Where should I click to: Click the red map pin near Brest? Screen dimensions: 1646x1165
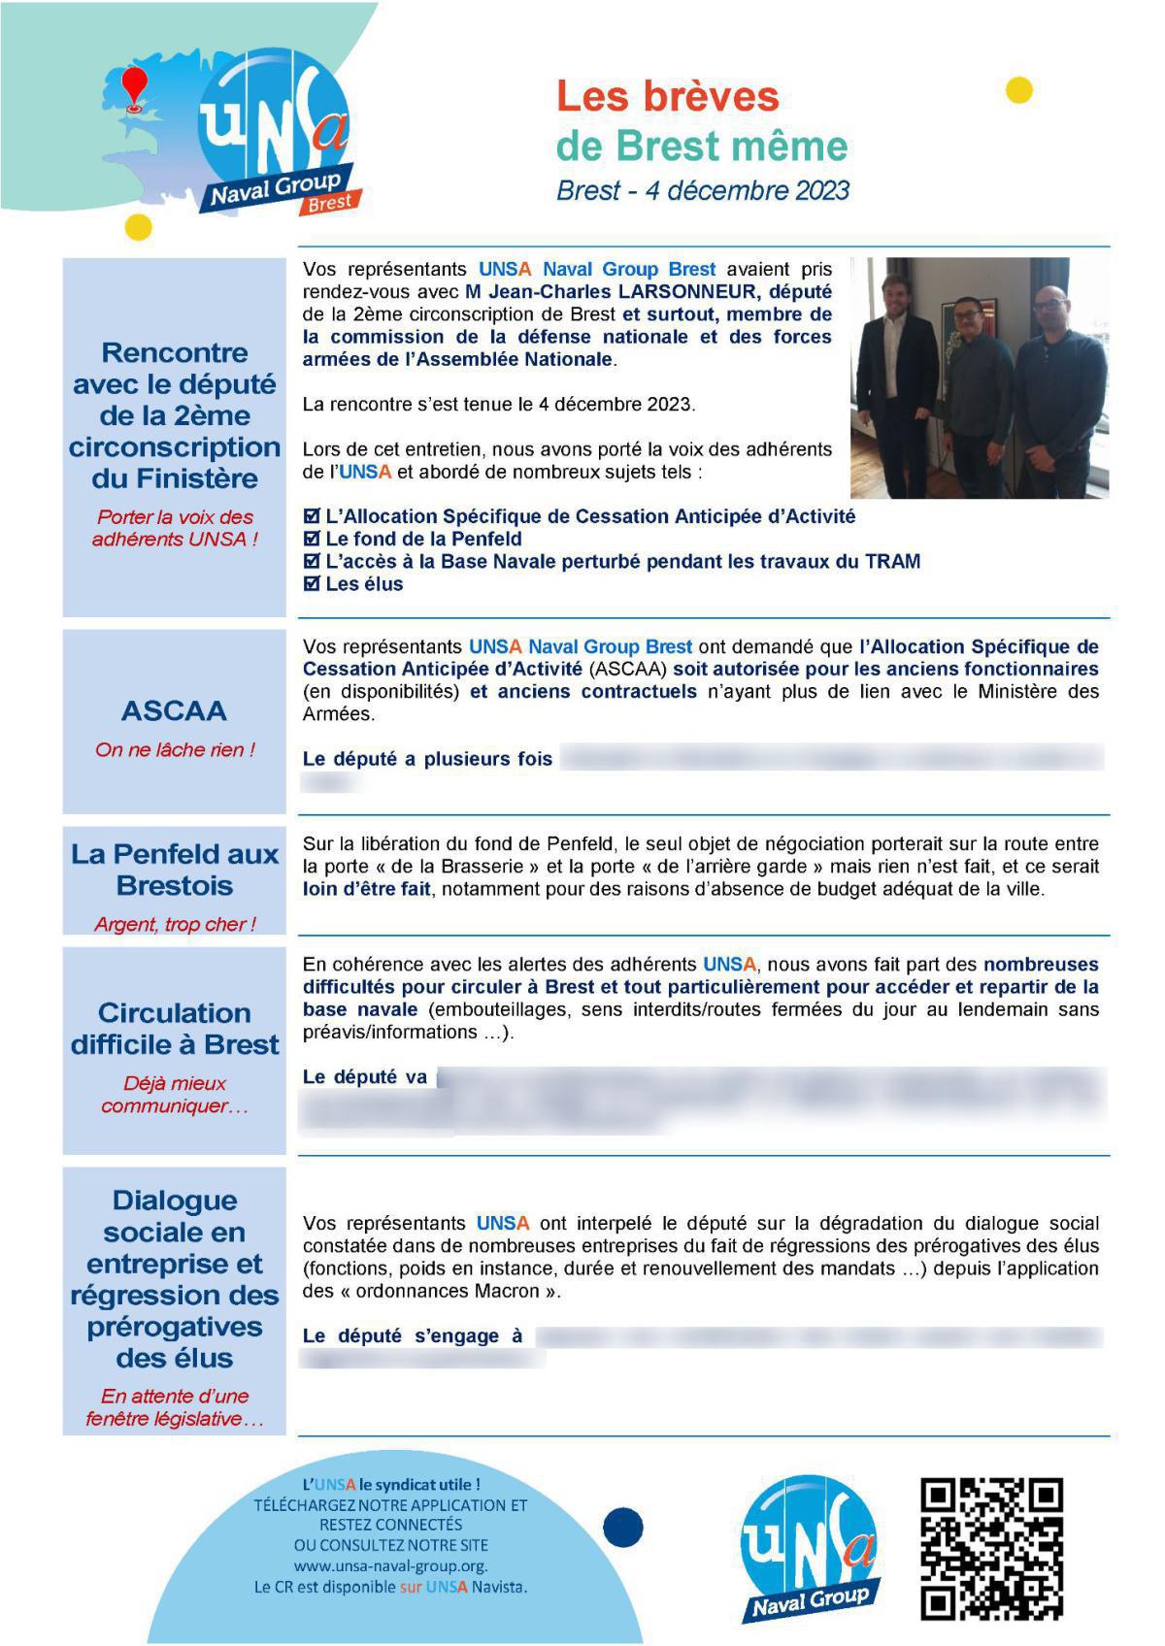(x=135, y=86)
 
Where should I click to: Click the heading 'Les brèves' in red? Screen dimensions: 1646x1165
(x=667, y=96)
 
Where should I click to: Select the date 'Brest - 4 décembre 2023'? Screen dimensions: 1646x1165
(x=702, y=190)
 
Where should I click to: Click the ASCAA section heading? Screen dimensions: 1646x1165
(x=174, y=710)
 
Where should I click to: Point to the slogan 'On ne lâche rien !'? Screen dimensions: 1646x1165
(x=175, y=750)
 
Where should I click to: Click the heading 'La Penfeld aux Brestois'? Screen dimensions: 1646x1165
(x=175, y=870)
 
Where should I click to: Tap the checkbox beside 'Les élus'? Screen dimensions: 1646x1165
(x=312, y=584)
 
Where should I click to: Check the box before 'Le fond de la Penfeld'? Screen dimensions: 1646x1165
(x=312, y=539)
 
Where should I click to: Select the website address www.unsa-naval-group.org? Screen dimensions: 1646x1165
(x=390, y=1566)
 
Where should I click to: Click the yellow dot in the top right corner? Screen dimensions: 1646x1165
(x=1018, y=90)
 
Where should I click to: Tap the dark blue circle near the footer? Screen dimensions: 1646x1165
(x=622, y=1528)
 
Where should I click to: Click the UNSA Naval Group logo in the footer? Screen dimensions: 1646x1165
(x=809, y=1548)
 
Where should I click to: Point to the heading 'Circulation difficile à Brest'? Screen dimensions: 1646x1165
(x=175, y=1029)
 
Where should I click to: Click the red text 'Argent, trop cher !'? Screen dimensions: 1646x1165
(x=175, y=925)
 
